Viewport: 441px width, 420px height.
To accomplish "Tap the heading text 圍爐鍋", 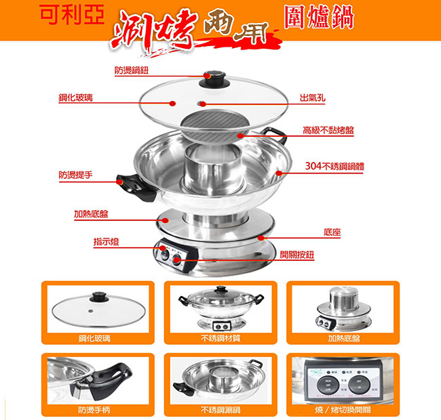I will click(318, 18).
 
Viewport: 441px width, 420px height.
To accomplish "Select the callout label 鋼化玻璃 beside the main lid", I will click(75, 98).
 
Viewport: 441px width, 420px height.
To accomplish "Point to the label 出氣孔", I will click(313, 98).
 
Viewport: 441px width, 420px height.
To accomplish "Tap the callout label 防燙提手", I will click(75, 175).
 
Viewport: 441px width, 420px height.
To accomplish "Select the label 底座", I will click(332, 232).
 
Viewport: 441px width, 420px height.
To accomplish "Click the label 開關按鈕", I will click(297, 255).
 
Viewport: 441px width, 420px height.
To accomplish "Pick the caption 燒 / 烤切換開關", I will click(343, 409).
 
